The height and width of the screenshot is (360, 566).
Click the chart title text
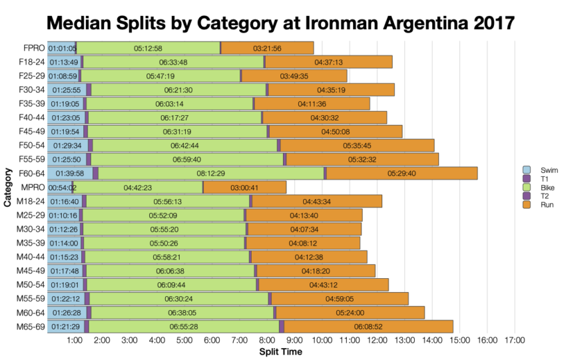(x=280, y=23)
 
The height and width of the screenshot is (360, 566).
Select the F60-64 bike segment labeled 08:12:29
(x=212, y=173)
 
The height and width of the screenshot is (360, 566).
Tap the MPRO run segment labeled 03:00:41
(x=244, y=188)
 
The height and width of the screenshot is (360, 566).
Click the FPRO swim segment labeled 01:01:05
(x=61, y=48)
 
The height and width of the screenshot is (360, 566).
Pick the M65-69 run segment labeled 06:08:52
(x=368, y=326)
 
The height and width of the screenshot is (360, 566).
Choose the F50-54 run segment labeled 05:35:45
(x=357, y=145)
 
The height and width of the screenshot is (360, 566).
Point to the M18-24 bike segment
(x=168, y=201)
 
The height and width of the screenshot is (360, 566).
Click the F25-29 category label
(x=31, y=76)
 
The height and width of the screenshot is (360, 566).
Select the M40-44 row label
(x=31, y=257)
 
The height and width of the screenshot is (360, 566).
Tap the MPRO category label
(x=33, y=188)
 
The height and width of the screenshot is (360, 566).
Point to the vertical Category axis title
(x=7, y=188)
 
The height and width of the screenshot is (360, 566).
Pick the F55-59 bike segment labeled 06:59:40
(x=187, y=159)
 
